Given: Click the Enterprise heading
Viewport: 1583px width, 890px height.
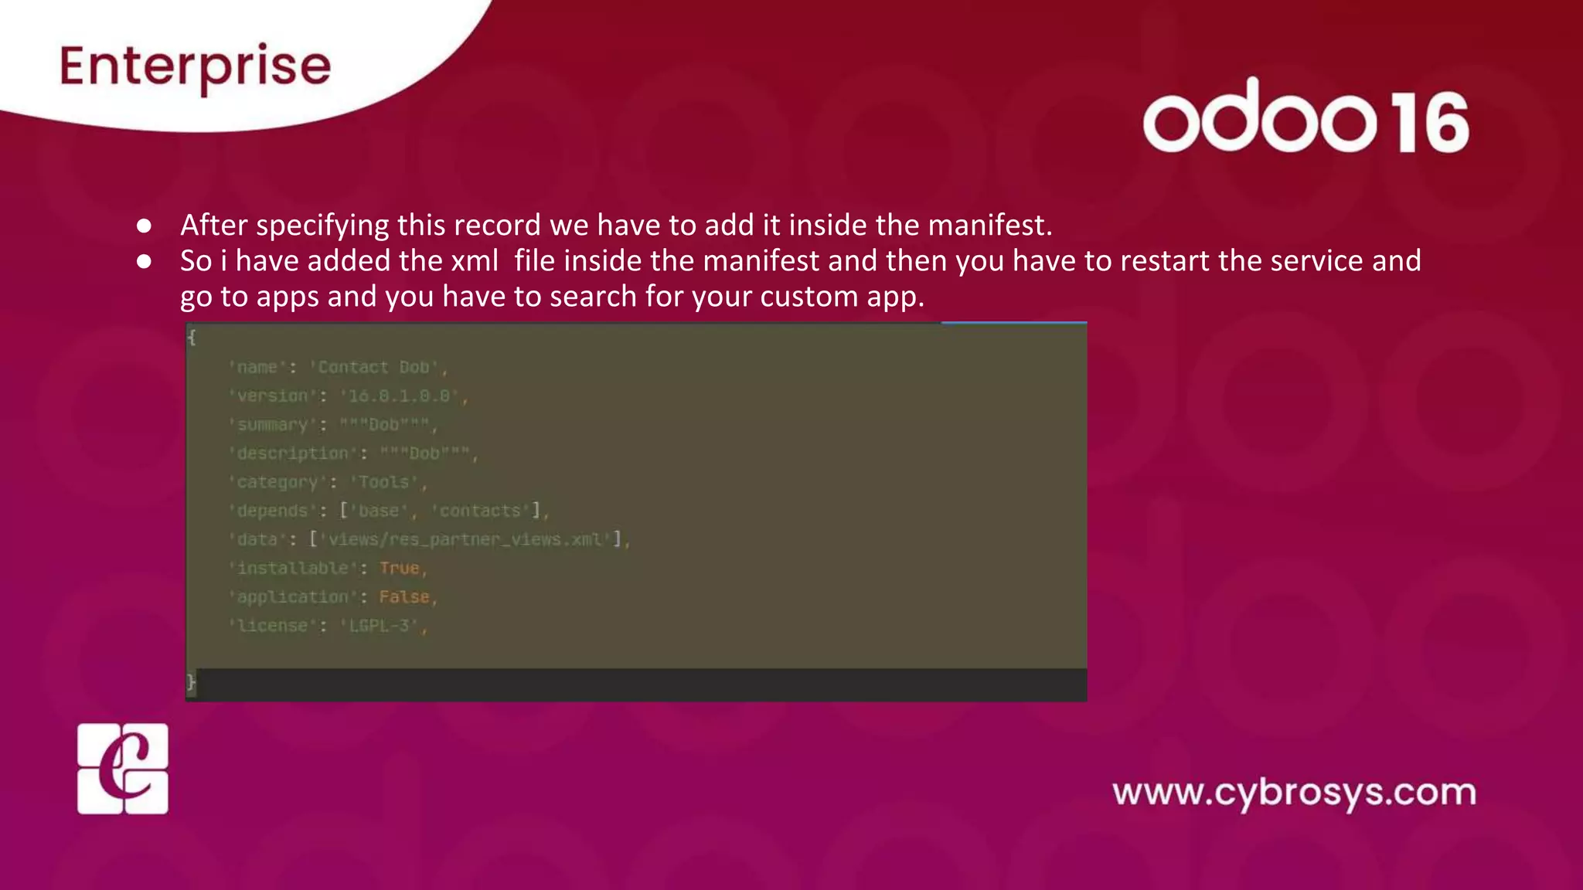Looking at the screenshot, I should point(195,66).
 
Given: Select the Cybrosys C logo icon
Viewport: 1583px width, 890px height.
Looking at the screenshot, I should point(122,769).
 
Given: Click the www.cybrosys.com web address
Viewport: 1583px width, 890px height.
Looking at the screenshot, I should point(1294,793).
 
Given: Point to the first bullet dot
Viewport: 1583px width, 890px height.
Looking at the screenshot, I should point(144,226).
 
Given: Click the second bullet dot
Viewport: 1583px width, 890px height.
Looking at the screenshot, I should point(144,261).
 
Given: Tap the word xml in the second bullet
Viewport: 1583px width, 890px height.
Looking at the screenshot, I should point(475,261).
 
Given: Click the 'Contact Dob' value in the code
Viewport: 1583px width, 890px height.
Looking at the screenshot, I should point(378,368).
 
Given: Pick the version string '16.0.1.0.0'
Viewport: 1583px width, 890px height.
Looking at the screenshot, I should point(400,396).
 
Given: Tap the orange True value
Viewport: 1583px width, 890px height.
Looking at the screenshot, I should point(400,569).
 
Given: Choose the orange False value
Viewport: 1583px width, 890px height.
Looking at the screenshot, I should point(403,597).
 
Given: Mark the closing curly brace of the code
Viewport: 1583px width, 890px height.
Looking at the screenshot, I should point(191,682).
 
